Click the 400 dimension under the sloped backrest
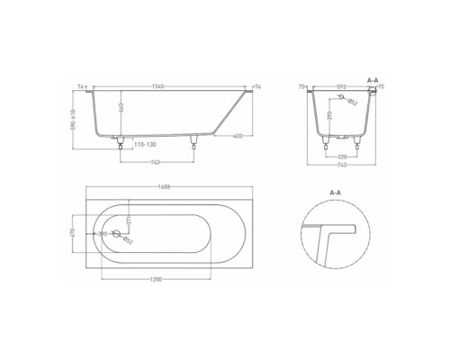click(x=235, y=136)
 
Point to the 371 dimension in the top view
click(x=128, y=220)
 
